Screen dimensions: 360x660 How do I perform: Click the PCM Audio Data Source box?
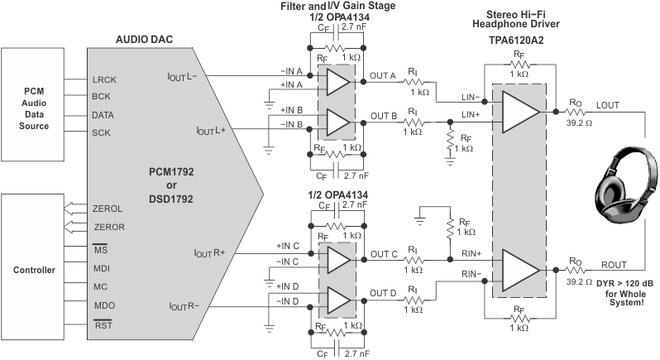35,104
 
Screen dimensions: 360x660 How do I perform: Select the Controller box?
35,270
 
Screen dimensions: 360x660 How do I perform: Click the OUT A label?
387,76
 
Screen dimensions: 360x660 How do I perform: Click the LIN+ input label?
471,113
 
